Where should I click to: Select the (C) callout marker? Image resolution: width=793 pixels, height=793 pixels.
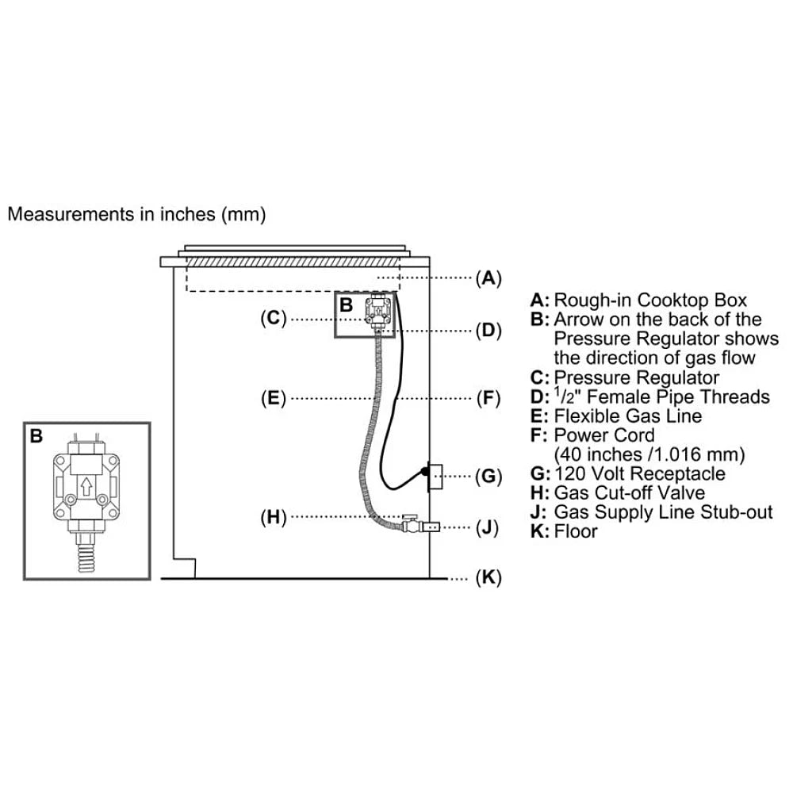point(272,318)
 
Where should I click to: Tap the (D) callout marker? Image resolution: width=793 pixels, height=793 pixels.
point(488,331)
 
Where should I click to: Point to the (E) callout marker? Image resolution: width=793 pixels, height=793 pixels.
point(272,397)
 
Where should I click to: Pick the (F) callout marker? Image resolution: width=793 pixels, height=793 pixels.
point(488,397)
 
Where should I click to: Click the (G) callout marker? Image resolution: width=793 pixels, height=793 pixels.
point(488,477)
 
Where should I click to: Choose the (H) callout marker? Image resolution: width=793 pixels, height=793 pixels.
point(272,517)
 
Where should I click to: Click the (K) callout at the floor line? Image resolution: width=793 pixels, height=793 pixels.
point(488,578)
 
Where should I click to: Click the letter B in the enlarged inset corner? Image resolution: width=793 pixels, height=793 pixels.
point(36,435)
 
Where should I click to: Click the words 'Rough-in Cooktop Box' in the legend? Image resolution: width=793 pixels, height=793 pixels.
point(650,300)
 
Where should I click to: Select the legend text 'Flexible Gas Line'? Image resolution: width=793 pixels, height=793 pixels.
point(628,416)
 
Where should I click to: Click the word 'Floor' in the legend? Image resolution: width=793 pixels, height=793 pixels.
point(576,531)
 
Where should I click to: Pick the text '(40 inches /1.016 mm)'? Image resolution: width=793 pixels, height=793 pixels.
point(649,454)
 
